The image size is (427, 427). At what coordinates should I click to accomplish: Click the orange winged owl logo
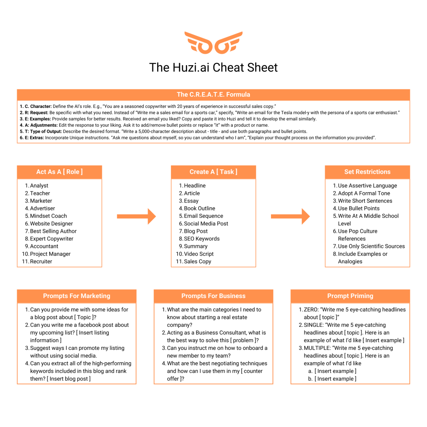(213, 43)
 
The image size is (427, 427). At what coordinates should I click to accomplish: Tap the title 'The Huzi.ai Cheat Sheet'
(213, 68)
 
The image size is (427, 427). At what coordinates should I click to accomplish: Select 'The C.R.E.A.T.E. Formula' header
(213, 95)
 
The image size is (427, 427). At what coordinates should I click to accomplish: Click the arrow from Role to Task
(136, 216)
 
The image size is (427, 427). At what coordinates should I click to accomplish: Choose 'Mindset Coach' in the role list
(48, 216)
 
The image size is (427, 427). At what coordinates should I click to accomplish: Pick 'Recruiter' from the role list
(41, 262)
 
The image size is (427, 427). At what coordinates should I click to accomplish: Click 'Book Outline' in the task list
(200, 208)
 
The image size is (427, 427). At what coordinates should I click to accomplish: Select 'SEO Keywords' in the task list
(202, 239)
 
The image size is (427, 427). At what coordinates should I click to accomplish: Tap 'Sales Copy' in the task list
(197, 262)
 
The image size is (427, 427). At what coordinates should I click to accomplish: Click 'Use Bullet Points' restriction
(359, 208)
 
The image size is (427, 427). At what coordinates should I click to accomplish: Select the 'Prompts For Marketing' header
(77, 296)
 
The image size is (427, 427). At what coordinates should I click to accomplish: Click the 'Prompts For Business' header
(213, 296)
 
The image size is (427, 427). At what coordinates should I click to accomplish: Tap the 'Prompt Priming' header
(350, 296)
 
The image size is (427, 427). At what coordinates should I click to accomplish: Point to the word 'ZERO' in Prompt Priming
(310, 310)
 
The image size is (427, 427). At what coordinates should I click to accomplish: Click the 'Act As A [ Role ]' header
(59, 172)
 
